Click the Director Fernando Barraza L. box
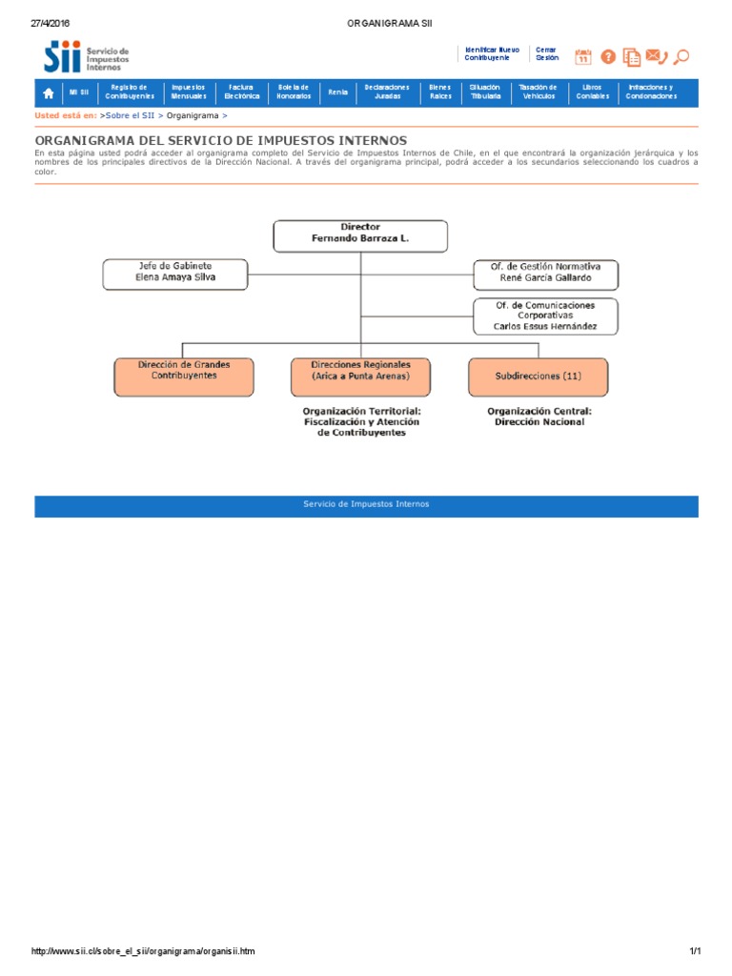point(360,235)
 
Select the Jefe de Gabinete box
point(175,274)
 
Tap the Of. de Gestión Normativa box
point(545,274)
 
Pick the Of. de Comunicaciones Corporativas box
point(545,316)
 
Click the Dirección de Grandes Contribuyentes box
point(184,376)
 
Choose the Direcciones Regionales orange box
point(360,376)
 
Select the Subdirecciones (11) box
point(538,376)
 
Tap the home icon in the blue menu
point(48,92)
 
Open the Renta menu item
point(337,92)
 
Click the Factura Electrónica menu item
point(241,92)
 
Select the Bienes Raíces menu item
point(440,92)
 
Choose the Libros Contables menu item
point(592,92)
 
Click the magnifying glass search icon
point(681,57)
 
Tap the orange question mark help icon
point(608,57)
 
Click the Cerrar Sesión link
point(547,53)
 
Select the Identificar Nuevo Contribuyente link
point(492,53)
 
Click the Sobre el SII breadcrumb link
point(131,115)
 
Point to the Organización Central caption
point(539,417)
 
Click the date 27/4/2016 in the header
point(51,22)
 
